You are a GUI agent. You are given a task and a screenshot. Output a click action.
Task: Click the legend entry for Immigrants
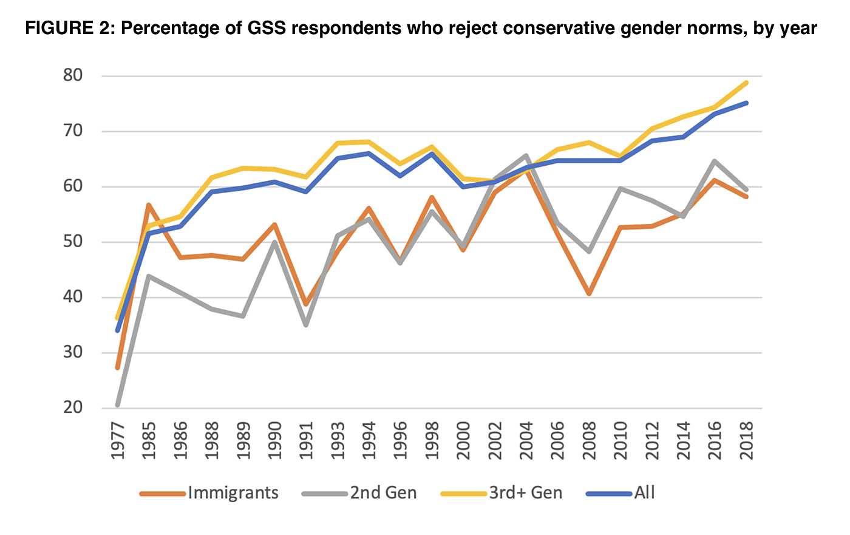233,492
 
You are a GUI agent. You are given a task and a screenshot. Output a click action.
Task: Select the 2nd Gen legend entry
383,492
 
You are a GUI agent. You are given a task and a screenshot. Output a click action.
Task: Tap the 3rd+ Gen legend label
525,492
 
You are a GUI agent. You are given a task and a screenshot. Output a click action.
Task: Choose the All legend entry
644,492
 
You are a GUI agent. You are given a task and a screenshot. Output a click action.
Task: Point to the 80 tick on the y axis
73,75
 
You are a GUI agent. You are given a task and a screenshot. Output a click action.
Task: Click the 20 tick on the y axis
73,407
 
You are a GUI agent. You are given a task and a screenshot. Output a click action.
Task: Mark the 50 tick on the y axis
73,242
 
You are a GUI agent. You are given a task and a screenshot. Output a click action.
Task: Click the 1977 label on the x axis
118,441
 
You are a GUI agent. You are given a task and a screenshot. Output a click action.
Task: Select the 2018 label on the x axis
746,441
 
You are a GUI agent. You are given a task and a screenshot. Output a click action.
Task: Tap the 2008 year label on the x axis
589,441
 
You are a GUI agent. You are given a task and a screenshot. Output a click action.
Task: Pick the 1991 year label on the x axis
306,441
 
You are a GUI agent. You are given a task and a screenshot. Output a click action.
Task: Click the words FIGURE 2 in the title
67,29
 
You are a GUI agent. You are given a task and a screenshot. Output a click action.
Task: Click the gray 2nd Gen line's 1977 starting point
118,404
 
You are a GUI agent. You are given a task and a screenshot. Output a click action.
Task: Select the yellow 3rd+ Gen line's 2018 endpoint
746,83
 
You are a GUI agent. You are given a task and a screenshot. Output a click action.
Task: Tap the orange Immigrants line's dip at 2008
589,294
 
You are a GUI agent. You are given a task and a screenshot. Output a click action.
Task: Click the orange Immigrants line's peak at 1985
149,205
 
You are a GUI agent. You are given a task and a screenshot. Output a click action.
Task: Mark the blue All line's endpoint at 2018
746,103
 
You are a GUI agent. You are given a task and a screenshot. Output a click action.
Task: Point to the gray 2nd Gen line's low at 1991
306,325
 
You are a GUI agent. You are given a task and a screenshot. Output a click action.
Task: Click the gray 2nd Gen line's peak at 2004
526,156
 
